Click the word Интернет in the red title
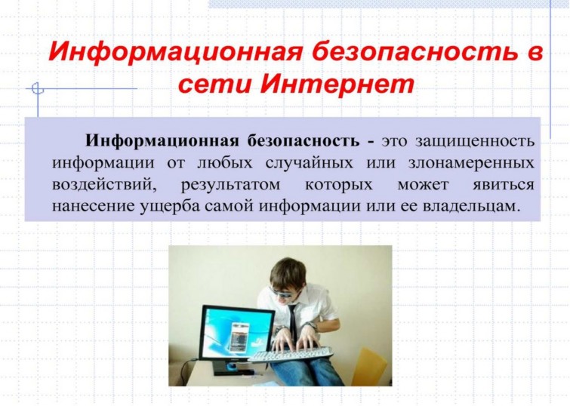pos(337,84)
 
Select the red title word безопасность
pos(414,51)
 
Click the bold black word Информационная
pos(162,140)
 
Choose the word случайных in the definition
pos(309,163)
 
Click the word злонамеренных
pos(471,162)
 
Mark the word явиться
pos(504,185)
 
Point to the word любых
pos(224,162)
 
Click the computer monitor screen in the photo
pos(238,333)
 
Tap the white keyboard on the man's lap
pos(291,354)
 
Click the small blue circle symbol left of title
pos(37,88)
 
